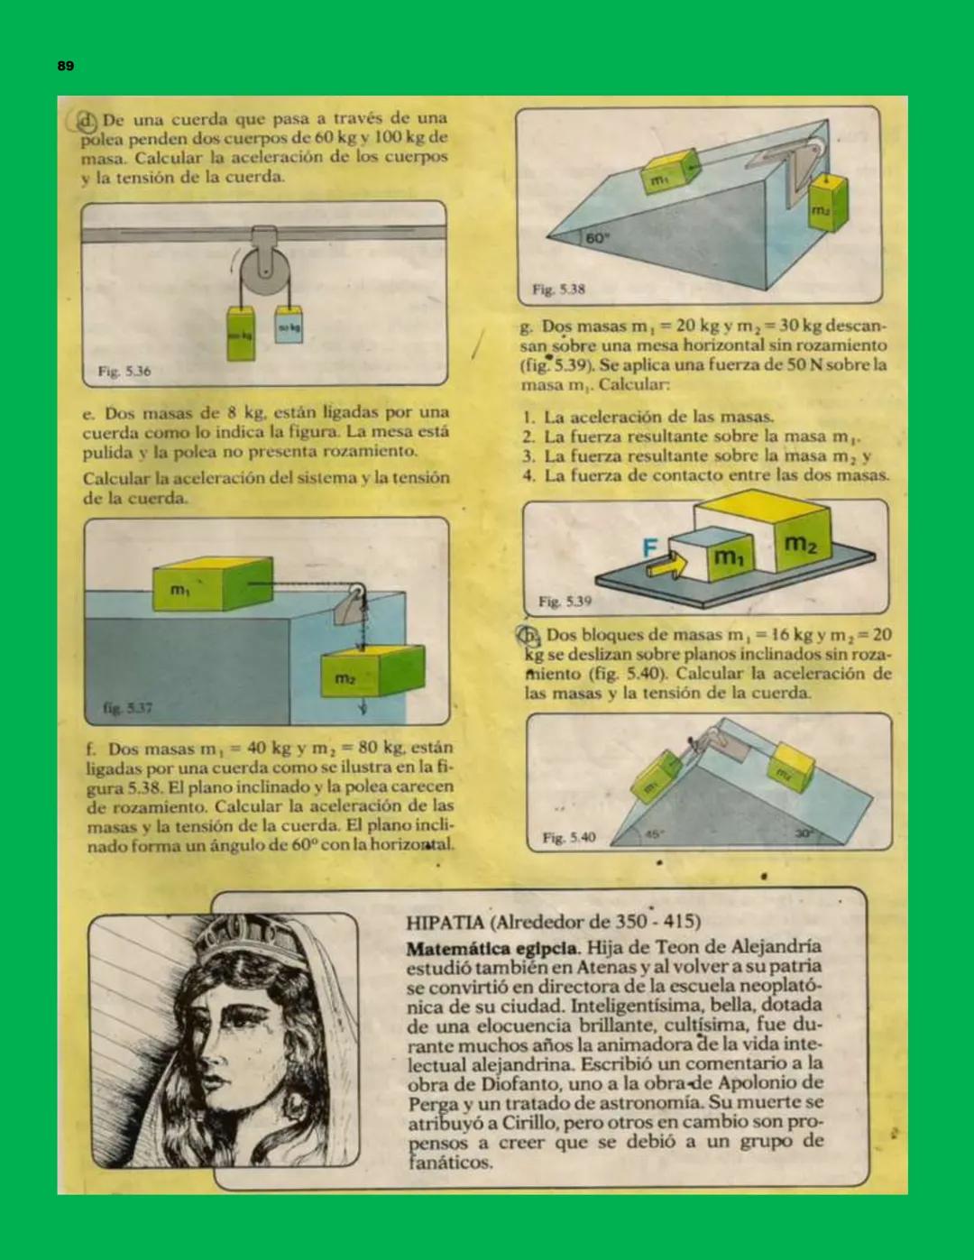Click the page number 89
click(66, 66)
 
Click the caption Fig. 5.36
click(124, 371)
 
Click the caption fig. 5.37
click(127, 708)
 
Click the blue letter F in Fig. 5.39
click(649, 547)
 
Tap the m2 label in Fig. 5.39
click(801, 544)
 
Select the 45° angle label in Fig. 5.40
click(652, 833)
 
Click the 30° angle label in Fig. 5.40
click(803, 833)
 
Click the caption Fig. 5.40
click(569, 838)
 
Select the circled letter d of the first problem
click(87, 121)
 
